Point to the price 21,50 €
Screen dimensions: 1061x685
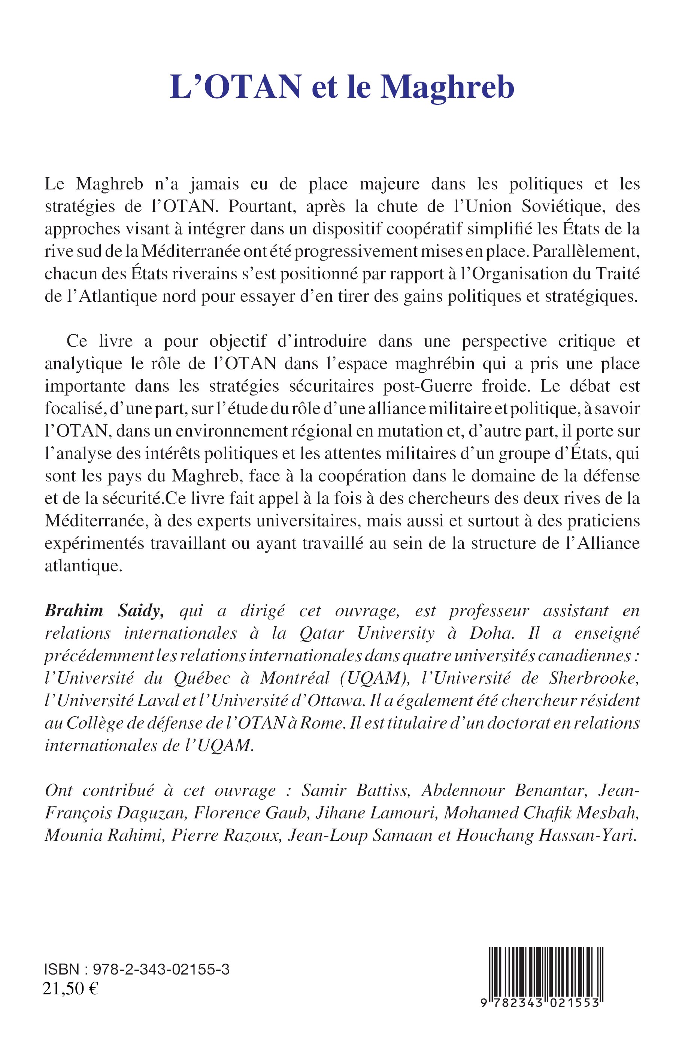[70, 988]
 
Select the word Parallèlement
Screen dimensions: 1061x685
[586, 252]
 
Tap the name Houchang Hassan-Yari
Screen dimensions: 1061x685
[546, 836]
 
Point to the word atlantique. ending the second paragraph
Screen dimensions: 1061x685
[83, 566]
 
